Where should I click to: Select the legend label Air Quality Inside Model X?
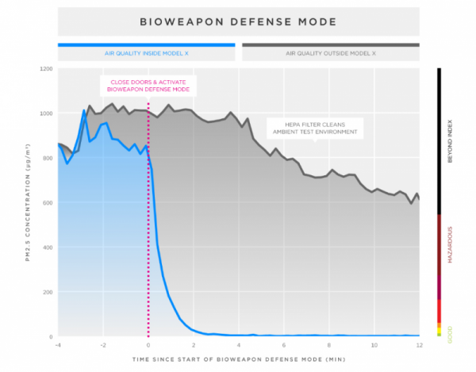click(146, 53)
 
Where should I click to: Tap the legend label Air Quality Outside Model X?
click(331, 53)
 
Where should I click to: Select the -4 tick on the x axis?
click(58, 345)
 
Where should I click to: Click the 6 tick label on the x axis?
click(283, 345)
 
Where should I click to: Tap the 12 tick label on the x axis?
click(418, 345)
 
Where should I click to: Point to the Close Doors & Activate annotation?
click(148, 85)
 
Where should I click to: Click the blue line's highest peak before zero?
click(84, 110)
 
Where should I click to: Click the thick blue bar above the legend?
click(146, 44)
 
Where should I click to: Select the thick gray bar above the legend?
click(331, 44)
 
